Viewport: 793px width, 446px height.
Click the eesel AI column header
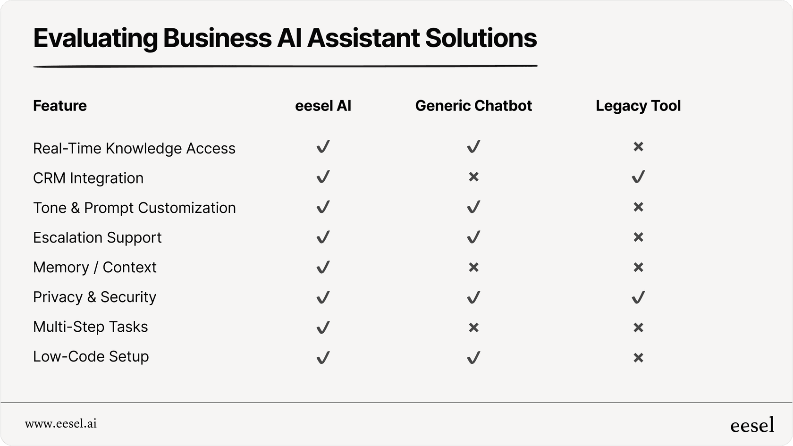323,106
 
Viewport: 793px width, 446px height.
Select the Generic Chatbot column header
473,106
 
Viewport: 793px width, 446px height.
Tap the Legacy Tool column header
638,106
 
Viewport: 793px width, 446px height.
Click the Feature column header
60,106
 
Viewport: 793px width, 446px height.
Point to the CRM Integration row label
88,178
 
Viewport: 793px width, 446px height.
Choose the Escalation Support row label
97,237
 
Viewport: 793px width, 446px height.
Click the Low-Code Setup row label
91,356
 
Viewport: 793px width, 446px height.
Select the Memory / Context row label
94,267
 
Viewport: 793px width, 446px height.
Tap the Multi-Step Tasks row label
90,327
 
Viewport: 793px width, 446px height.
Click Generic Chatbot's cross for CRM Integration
474,177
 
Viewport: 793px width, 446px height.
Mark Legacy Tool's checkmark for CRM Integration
638,177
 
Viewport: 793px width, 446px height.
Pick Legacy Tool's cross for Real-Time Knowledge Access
638,146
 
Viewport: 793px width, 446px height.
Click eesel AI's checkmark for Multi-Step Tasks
323,327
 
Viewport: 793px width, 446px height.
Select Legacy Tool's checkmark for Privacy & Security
638,297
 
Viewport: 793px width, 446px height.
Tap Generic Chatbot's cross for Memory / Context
474,267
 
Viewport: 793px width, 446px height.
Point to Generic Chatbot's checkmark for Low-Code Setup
474,357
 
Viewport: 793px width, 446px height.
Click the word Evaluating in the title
95,38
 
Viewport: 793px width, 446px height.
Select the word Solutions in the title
481,38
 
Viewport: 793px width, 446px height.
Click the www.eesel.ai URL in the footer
61,424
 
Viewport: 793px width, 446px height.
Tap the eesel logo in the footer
752,425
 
